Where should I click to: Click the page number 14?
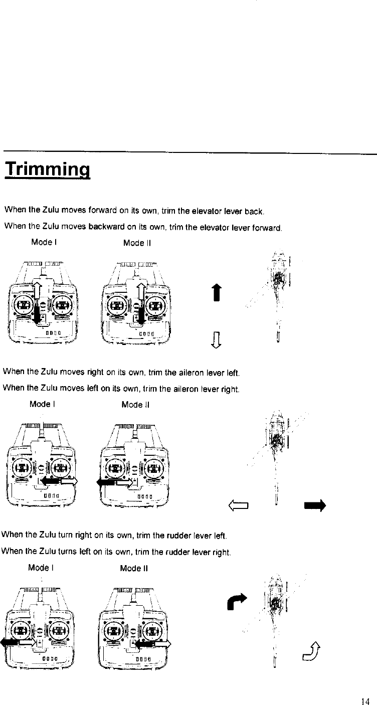tap(364, 701)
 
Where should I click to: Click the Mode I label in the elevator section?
tap(44, 242)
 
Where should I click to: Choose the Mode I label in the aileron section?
tap(42, 404)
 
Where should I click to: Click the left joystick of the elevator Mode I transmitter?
tap(24, 304)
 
